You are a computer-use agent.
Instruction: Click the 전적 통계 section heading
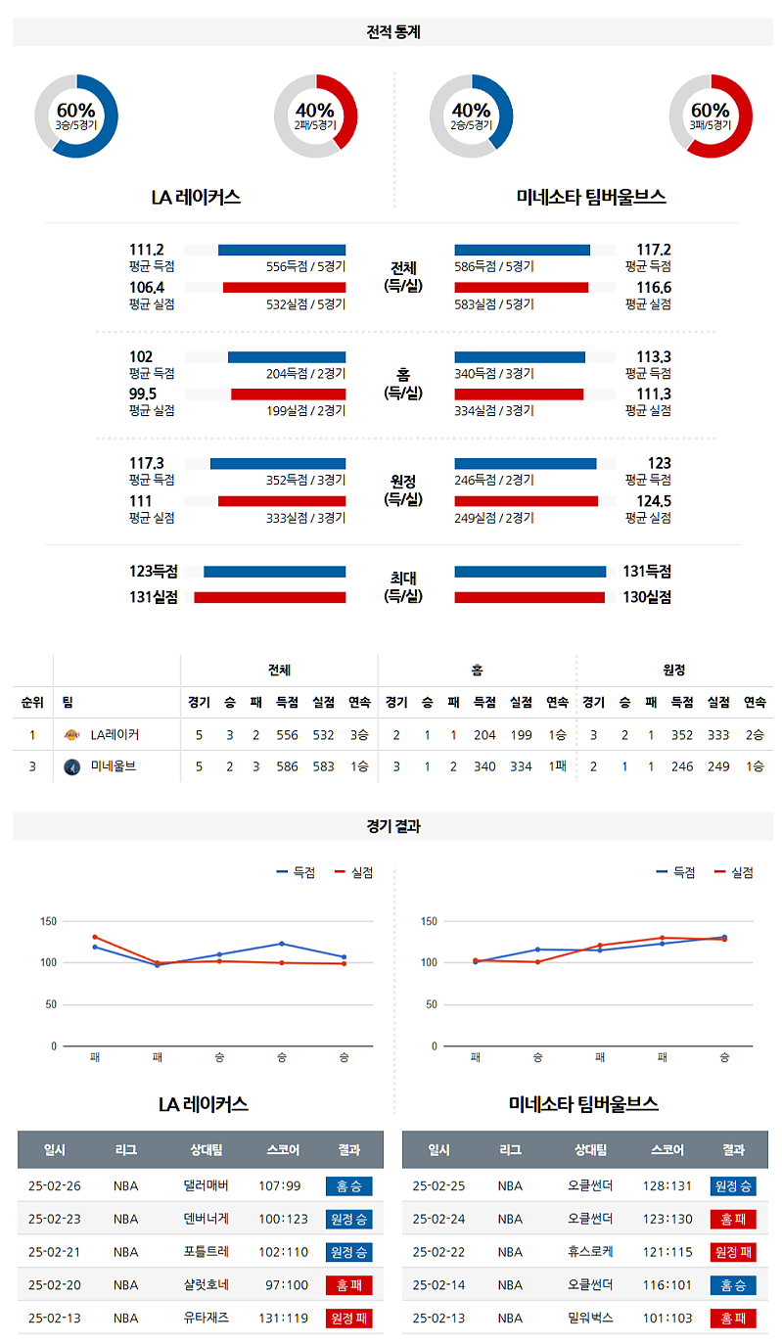(x=391, y=32)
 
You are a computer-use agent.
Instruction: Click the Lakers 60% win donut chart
(x=76, y=116)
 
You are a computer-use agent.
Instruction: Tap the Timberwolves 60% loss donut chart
(x=710, y=116)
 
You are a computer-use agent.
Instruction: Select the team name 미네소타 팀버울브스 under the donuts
(x=591, y=197)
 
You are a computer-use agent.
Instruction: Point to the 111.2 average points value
(x=147, y=250)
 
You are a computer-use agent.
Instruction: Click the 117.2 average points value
(x=653, y=250)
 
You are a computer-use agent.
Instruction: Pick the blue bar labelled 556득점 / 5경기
(x=282, y=250)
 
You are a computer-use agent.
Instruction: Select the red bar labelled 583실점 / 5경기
(x=521, y=288)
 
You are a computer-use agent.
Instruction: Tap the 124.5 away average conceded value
(x=653, y=501)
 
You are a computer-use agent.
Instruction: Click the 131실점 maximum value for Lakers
(x=153, y=597)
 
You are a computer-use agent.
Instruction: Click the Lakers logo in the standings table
(x=70, y=734)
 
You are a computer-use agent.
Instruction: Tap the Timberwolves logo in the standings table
(x=70, y=766)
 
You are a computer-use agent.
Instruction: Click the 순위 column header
(x=32, y=702)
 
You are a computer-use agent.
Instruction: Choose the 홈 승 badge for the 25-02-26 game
(x=348, y=1186)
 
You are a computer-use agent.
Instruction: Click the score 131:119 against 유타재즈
(x=283, y=1319)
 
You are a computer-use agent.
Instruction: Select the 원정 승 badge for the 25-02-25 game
(x=733, y=1186)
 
